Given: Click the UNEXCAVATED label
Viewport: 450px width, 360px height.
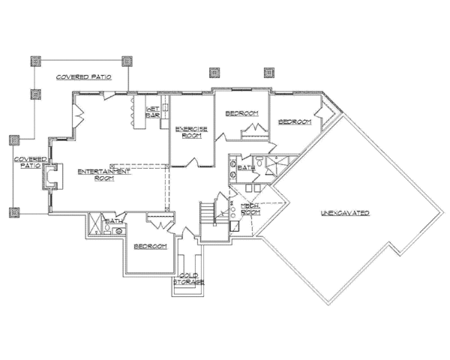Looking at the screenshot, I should click(346, 214).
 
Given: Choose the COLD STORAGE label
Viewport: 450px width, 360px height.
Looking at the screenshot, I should click(187, 279).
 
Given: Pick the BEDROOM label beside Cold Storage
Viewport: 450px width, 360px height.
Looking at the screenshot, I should click(149, 247).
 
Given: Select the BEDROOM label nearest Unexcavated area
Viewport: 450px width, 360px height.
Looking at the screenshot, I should click(294, 121).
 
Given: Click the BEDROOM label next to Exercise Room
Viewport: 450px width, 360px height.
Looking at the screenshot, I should click(241, 113).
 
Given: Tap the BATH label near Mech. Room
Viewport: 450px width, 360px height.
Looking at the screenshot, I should click(246, 169).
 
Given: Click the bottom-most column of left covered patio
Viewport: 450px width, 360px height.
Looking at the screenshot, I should click(13, 213).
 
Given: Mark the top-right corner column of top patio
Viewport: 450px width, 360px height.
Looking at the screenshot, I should click(127, 61).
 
